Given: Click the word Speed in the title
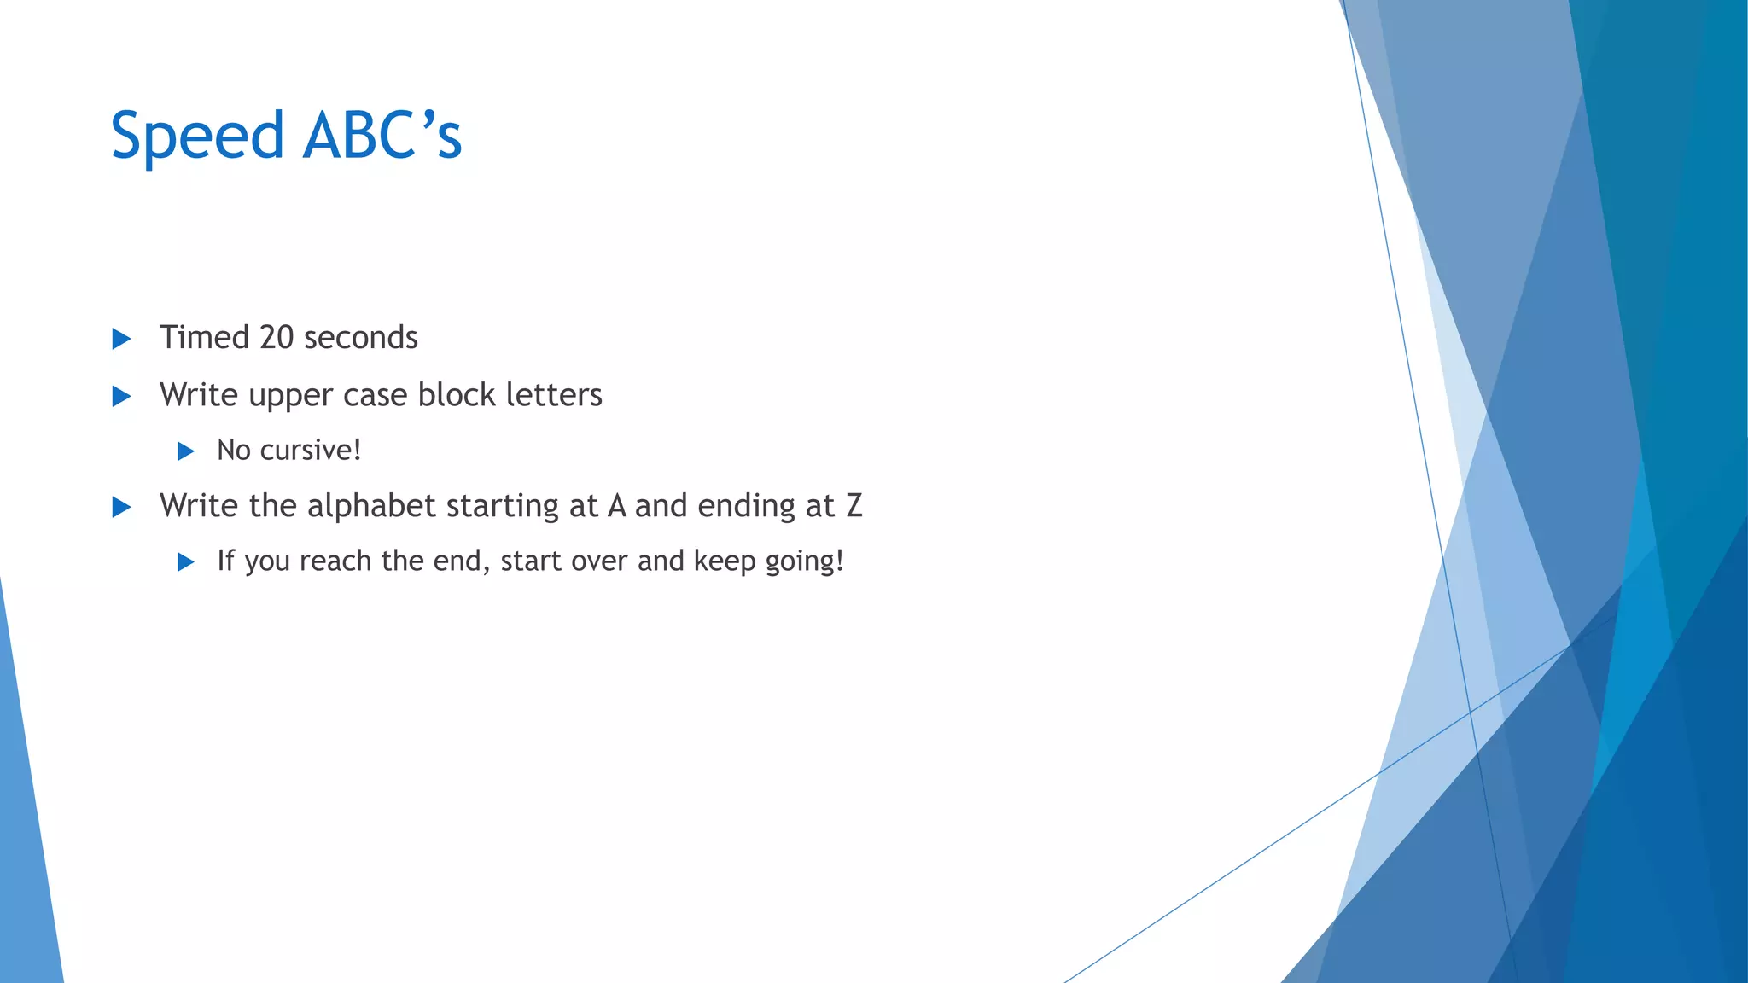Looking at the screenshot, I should coord(197,137).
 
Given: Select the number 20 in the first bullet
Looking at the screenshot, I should coord(277,338).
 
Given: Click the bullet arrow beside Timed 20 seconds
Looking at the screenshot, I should coord(122,339).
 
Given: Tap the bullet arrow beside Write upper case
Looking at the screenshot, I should coord(122,396).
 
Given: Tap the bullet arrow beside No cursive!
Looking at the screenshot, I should coord(186,451).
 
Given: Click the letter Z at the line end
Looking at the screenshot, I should coord(854,506).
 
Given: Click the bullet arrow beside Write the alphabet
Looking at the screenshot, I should coord(122,508).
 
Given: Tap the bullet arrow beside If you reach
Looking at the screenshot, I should coord(186,562).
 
